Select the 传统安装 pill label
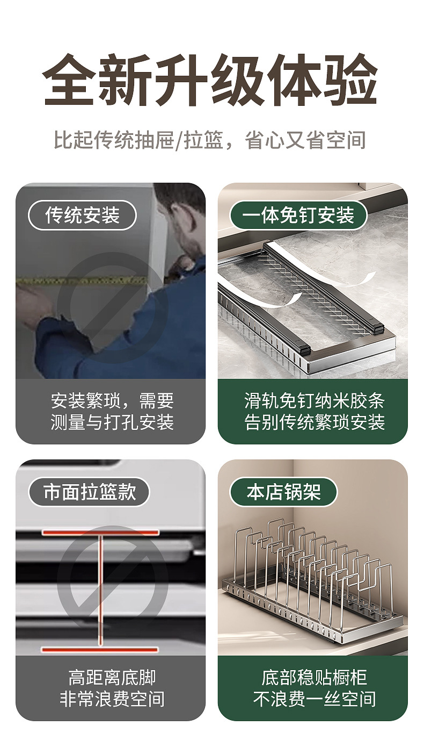point(82,215)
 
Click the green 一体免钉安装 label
point(298,215)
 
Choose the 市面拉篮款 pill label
point(89,492)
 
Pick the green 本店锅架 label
point(283,492)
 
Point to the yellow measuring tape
point(83,281)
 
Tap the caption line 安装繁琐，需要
point(112,400)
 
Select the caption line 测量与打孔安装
point(112,422)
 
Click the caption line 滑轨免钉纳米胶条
point(315,400)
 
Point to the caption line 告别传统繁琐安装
point(315,422)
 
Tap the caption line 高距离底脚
point(112,678)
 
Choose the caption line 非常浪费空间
point(112,699)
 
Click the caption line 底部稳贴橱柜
point(315,678)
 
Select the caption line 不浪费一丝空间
point(315,699)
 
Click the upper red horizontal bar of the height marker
point(100,533)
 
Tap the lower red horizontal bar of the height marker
point(100,650)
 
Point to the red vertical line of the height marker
point(100,591)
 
